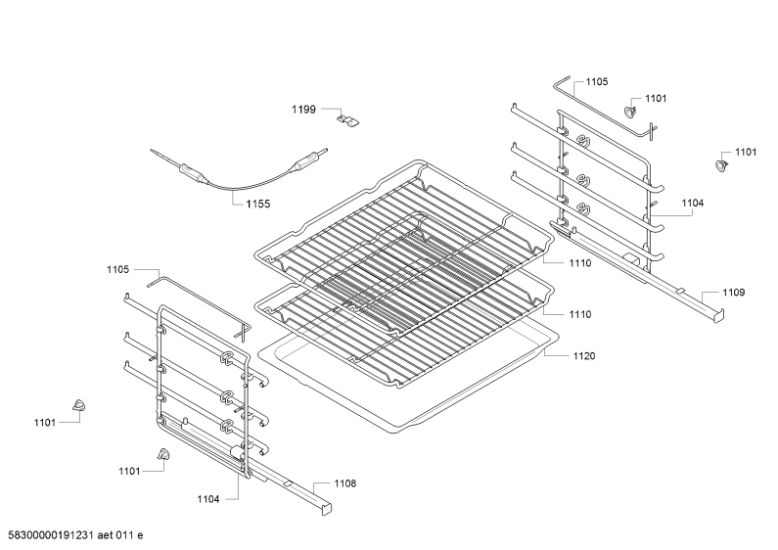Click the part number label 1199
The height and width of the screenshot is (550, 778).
[x=303, y=110]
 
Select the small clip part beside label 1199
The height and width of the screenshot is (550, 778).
[x=349, y=119]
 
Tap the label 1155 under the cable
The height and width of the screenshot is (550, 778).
[x=258, y=204]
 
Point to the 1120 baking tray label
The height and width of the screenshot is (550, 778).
[x=584, y=356]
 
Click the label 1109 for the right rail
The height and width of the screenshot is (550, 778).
[x=733, y=293]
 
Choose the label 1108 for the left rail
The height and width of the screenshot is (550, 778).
[x=344, y=483]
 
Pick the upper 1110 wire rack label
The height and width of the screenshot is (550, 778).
[x=580, y=263]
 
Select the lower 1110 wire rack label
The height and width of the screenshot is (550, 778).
[x=580, y=314]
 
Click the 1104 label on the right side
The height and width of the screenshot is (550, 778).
[x=692, y=203]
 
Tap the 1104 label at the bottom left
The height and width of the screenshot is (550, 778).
[x=208, y=499]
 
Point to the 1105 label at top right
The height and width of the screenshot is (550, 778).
[x=597, y=81]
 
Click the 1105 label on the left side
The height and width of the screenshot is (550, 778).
[x=118, y=269]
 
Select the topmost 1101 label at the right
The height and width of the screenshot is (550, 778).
[x=656, y=98]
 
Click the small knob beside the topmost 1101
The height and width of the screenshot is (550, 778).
[x=630, y=111]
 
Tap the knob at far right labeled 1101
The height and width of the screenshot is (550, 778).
[x=721, y=164]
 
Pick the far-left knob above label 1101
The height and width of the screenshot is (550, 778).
[x=78, y=404]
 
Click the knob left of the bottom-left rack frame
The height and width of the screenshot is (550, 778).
[x=162, y=454]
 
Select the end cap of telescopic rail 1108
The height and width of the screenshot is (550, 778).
[x=327, y=509]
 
